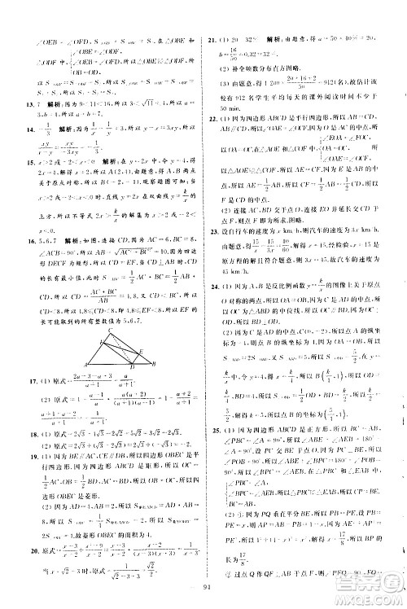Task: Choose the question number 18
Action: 13,436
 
